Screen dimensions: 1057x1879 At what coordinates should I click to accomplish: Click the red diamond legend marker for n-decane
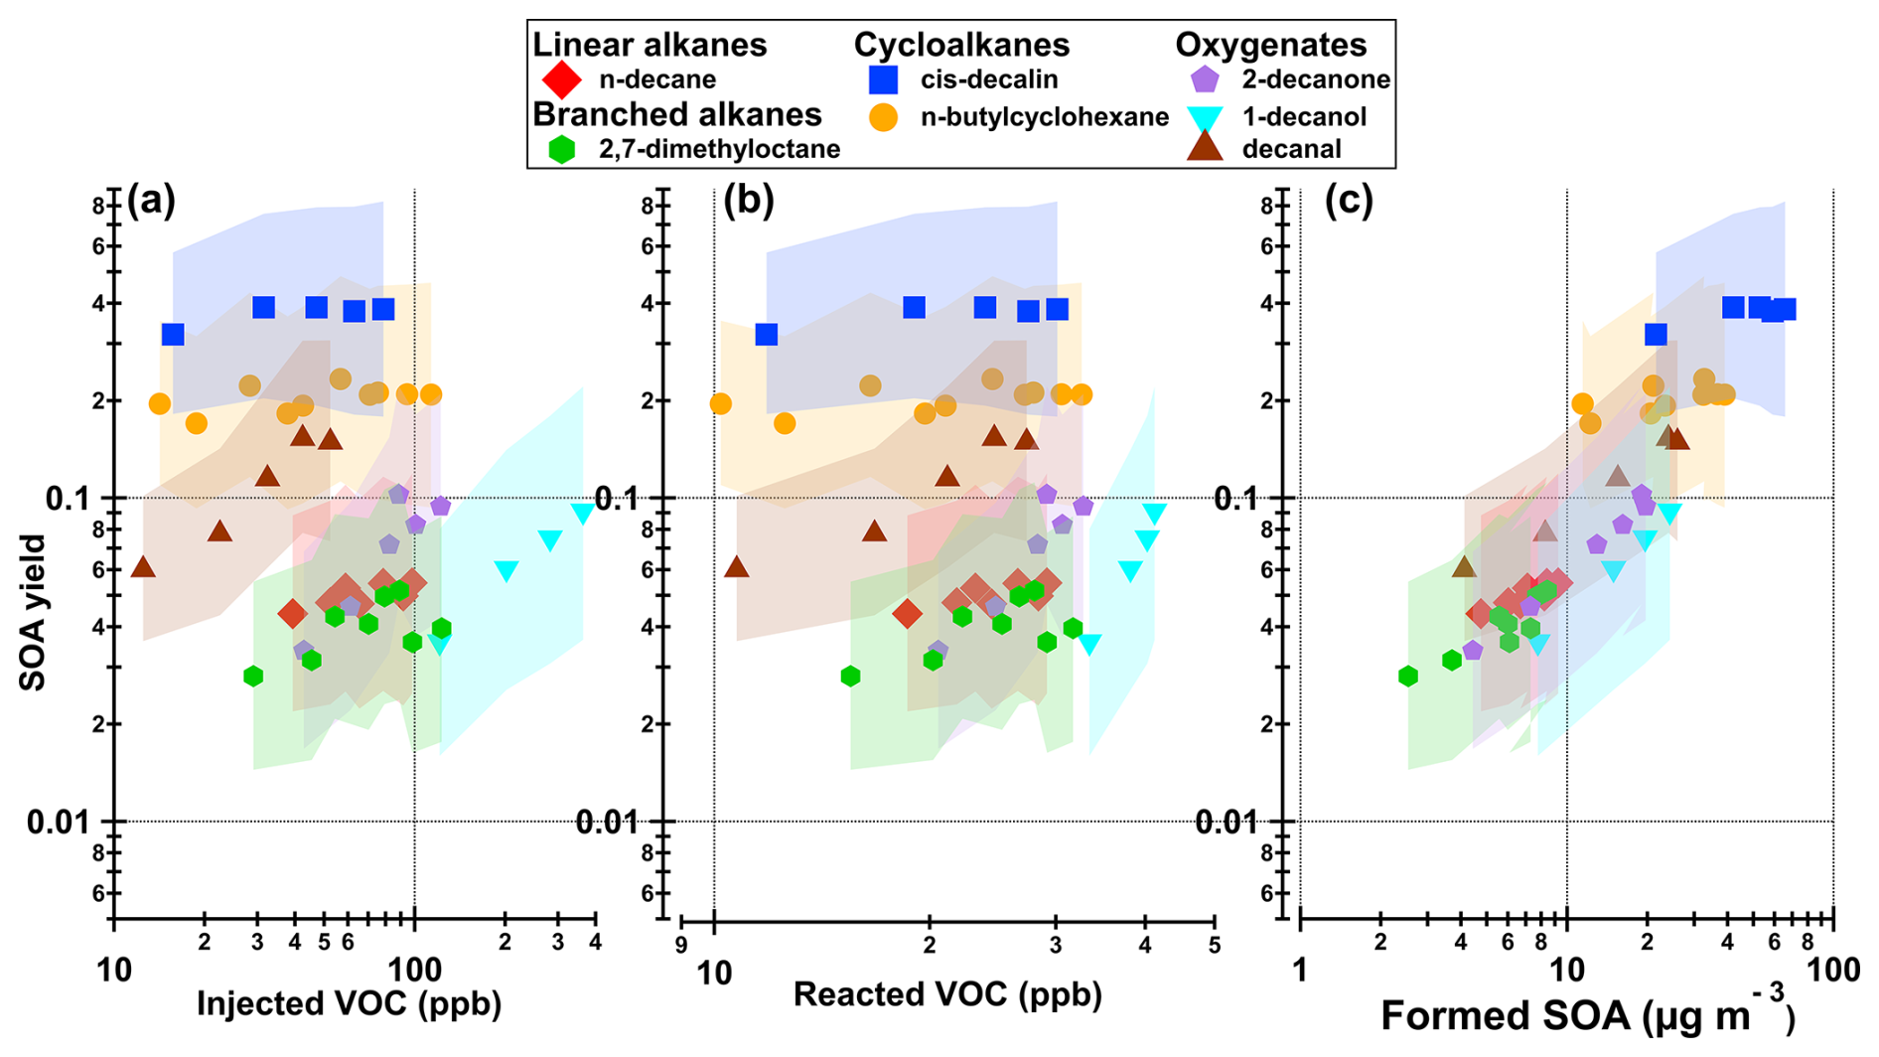click(561, 79)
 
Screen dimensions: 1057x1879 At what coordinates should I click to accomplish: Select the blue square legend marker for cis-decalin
click(883, 79)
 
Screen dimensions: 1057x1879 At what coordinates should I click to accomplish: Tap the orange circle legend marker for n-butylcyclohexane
click(883, 117)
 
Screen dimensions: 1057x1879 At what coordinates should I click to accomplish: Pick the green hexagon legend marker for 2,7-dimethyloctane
click(562, 150)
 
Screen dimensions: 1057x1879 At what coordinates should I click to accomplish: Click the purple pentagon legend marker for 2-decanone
click(1205, 79)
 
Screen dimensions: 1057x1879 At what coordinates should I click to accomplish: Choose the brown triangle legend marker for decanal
click(1205, 148)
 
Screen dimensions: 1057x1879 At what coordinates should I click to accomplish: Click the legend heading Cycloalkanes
click(961, 45)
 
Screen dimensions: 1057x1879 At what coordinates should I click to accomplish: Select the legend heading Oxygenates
click(1270, 45)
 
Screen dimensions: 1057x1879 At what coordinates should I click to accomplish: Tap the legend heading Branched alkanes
click(676, 114)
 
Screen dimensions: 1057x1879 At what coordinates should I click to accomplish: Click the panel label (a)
click(151, 201)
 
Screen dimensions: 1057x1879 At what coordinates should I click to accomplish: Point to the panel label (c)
click(1349, 201)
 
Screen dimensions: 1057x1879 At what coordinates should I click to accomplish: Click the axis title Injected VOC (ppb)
click(349, 1003)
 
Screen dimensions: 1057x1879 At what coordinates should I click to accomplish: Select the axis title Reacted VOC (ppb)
click(947, 994)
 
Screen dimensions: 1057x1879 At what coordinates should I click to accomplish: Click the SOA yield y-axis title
click(33, 612)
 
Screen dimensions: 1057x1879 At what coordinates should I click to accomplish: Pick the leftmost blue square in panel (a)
click(173, 335)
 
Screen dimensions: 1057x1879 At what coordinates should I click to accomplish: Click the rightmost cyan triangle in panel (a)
click(583, 513)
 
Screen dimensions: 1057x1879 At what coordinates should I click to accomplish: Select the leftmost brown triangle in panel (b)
click(736, 567)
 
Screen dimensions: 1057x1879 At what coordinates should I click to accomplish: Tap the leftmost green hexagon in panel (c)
click(1407, 677)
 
